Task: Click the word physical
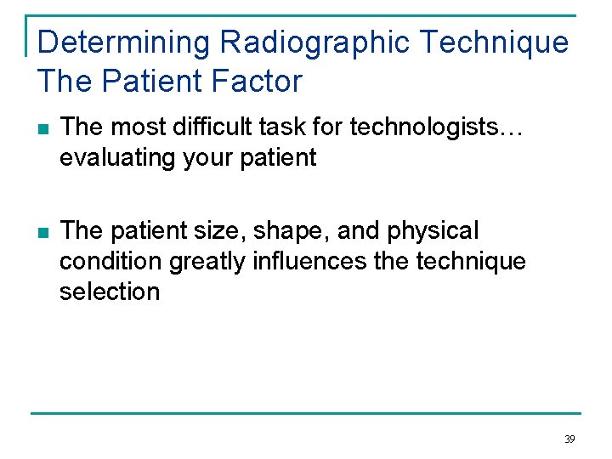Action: coord(434,231)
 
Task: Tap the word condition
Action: coord(110,262)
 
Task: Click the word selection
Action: coord(110,292)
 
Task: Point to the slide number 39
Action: coord(569,439)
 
